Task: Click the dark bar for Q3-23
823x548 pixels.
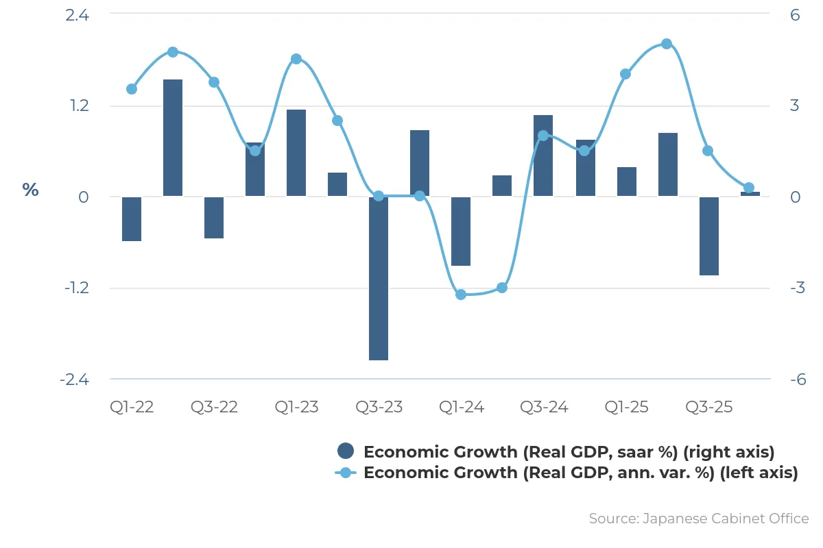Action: [379, 278]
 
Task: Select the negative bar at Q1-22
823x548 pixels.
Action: [132, 219]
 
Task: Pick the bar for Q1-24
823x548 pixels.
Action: [461, 232]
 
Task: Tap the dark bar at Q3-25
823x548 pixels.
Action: [709, 236]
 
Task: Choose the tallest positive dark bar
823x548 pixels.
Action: [173, 138]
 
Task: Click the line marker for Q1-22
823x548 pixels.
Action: [132, 89]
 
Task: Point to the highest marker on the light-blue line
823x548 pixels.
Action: [667, 44]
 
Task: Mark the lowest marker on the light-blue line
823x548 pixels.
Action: [461, 295]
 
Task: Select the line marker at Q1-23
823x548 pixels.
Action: [296, 59]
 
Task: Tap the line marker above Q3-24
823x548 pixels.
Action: [543, 136]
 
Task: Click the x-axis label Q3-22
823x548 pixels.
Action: [214, 407]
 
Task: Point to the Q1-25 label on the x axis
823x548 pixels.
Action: [626, 407]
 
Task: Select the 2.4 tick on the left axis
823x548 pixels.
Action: [77, 16]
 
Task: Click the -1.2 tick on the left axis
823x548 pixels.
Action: [77, 288]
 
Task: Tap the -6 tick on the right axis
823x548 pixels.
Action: [798, 379]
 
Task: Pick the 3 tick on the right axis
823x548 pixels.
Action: [795, 105]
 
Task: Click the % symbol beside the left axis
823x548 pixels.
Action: [30, 190]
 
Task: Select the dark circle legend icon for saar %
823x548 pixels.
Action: [346, 451]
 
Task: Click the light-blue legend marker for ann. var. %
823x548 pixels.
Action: [346, 473]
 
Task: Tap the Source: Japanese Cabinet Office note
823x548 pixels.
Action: [699, 519]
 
